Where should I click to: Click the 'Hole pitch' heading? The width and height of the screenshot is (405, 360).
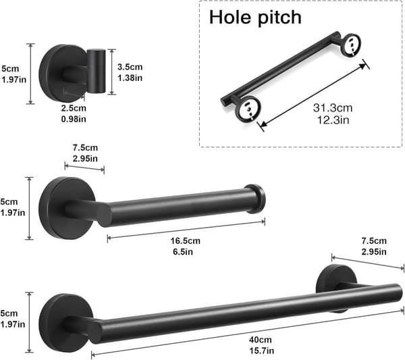tap(255, 18)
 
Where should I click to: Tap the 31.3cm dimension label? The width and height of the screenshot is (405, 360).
tap(333, 108)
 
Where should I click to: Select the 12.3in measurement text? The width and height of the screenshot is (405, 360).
tap(333, 120)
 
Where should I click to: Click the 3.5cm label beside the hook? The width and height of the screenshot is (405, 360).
tap(130, 67)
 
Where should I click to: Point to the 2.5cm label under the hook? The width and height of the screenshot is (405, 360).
tap(74, 108)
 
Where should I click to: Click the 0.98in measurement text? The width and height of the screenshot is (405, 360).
tap(74, 119)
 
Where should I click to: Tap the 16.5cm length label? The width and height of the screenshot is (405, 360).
tap(185, 241)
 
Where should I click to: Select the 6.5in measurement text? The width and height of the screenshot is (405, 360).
tap(183, 252)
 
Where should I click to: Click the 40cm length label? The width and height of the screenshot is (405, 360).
tap(261, 340)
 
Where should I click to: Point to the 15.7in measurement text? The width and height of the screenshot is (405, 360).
tap(261, 351)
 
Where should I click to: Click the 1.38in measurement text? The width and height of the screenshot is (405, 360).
tap(130, 78)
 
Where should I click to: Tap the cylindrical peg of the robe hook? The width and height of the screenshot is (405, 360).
tap(96, 71)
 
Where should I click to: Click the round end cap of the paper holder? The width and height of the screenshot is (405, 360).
tap(255, 199)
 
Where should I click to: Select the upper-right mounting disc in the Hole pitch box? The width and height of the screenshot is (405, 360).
tap(352, 45)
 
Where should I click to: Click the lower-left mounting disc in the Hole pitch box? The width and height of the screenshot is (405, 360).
tap(248, 109)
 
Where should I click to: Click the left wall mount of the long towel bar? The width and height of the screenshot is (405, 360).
tap(66, 323)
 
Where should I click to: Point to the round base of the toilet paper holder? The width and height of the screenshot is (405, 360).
tap(67, 208)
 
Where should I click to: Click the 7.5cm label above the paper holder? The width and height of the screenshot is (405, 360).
tap(85, 148)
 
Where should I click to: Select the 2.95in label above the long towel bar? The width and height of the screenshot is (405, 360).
tap(374, 252)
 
